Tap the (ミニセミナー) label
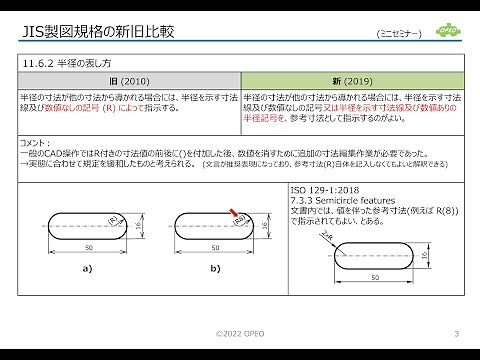(398, 34)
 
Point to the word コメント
(35, 144)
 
